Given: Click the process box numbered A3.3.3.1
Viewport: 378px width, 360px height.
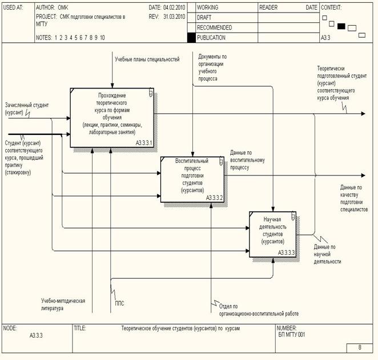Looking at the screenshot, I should click(112, 117).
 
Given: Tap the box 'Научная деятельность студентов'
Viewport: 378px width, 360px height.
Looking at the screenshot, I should click(272, 233).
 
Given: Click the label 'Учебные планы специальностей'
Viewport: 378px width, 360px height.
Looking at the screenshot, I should click(147, 59).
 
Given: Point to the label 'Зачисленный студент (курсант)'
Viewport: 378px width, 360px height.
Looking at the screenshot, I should click(26, 109).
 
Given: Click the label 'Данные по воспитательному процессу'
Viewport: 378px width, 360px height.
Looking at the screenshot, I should click(248, 161).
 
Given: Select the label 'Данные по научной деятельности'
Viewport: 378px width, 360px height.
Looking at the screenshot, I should click(328, 254).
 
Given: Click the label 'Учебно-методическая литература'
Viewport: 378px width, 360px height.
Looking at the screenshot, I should click(63, 304).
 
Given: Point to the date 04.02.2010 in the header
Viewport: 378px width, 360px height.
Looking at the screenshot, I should click(175, 8).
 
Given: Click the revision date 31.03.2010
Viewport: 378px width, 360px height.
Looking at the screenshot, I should click(175, 17).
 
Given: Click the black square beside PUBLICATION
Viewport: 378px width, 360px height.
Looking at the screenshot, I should click(191, 38).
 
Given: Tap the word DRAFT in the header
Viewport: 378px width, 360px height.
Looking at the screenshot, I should click(205, 18).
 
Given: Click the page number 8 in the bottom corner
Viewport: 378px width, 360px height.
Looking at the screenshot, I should click(360, 347).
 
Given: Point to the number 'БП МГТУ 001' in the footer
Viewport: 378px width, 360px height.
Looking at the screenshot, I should click(291, 335).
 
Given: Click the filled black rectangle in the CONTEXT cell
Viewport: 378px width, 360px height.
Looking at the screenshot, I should click(341, 26).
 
